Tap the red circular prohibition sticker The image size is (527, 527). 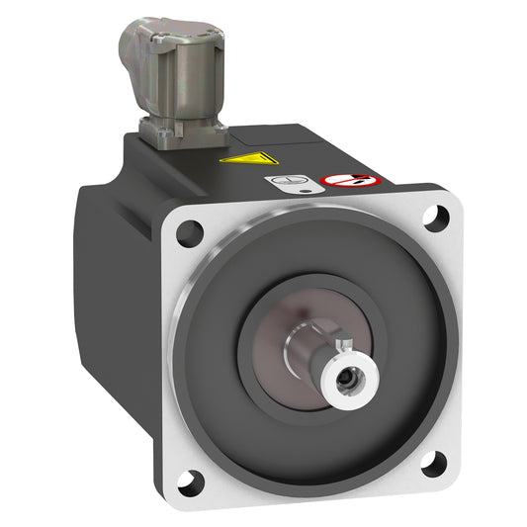[x=336, y=182]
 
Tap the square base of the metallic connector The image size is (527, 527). [x=182, y=132]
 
